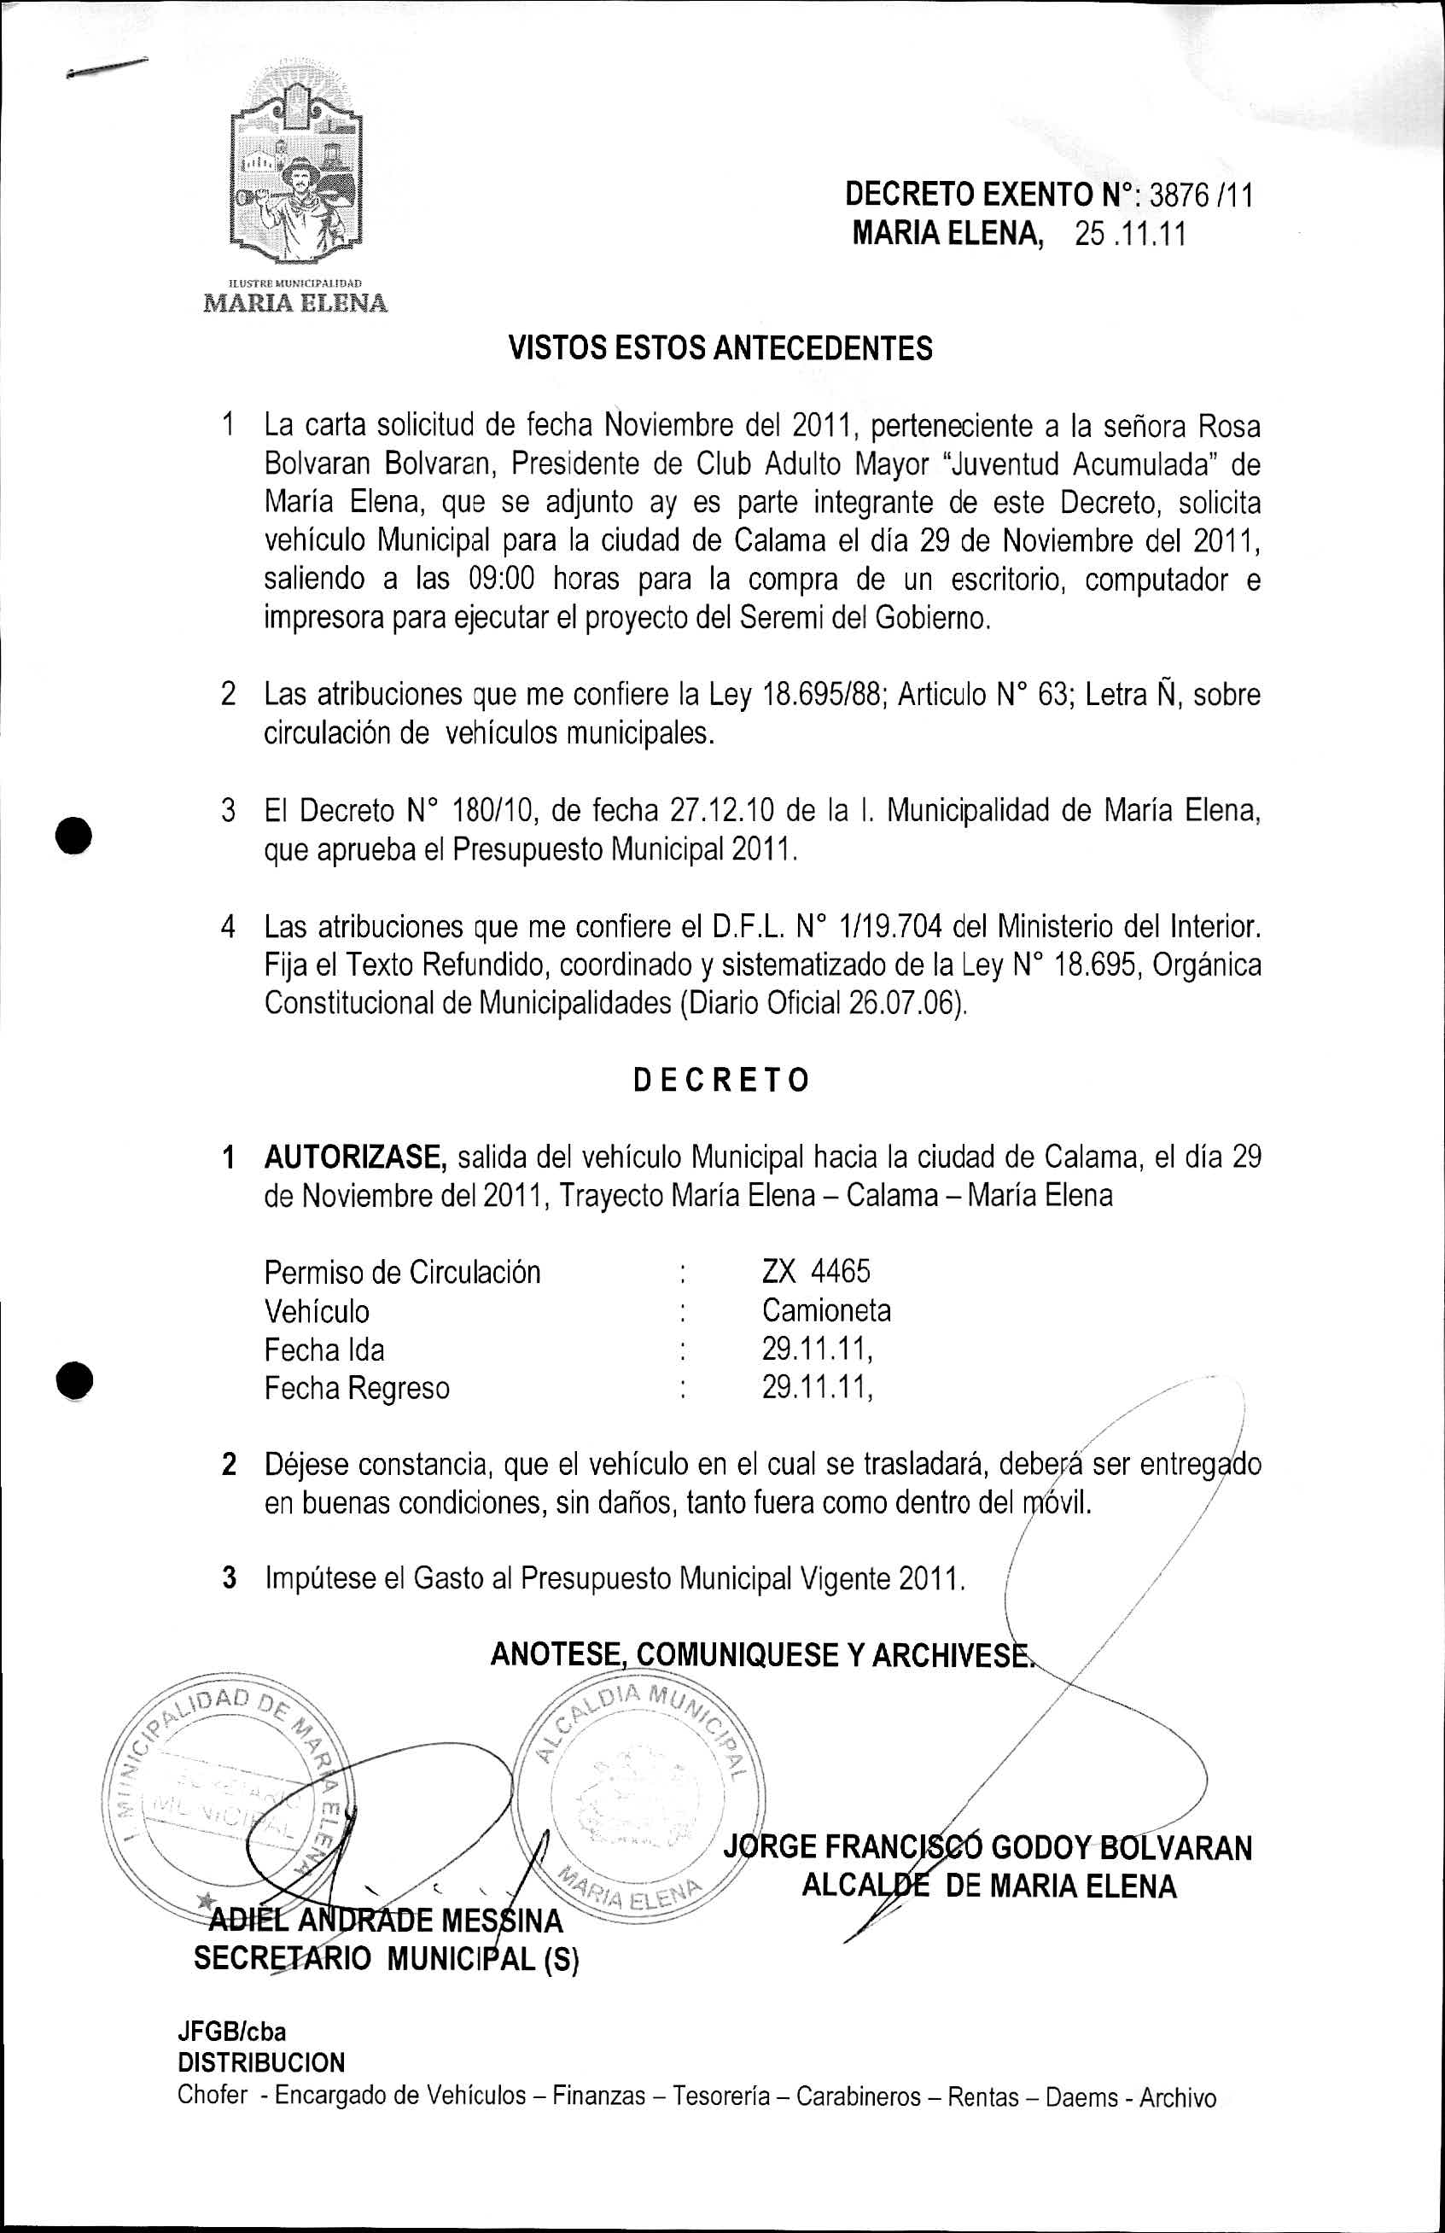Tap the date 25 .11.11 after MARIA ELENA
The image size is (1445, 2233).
tap(1130, 234)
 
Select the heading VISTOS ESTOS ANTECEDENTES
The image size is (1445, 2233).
tap(720, 349)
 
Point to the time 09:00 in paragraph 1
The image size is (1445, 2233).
tap(501, 579)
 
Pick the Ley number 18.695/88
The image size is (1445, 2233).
tap(825, 694)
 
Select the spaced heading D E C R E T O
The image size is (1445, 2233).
tap(720, 1080)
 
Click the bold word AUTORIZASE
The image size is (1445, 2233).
tap(355, 1157)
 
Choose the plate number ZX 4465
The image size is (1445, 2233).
tap(815, 1271)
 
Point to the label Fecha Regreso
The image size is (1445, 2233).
tap(357, 1388)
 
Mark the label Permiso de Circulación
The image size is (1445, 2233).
tap(402, 1272)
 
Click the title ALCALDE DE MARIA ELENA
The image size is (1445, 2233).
tap(988, 1886)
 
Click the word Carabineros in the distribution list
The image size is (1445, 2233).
tap(859, 2097)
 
